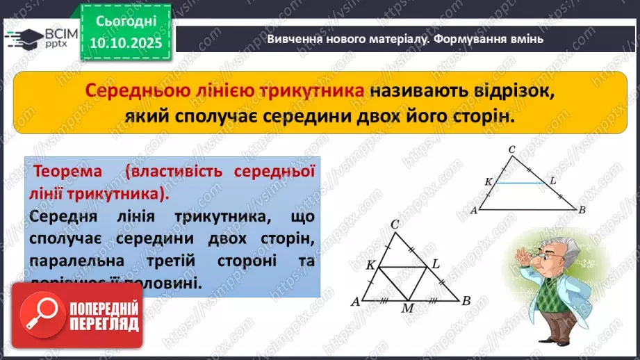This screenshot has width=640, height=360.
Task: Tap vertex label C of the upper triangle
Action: (511, 149)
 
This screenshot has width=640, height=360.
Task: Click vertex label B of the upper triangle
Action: (582, 210)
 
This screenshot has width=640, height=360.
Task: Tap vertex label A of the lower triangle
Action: (355, 302)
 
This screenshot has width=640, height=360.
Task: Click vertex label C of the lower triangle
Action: (395, 224)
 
